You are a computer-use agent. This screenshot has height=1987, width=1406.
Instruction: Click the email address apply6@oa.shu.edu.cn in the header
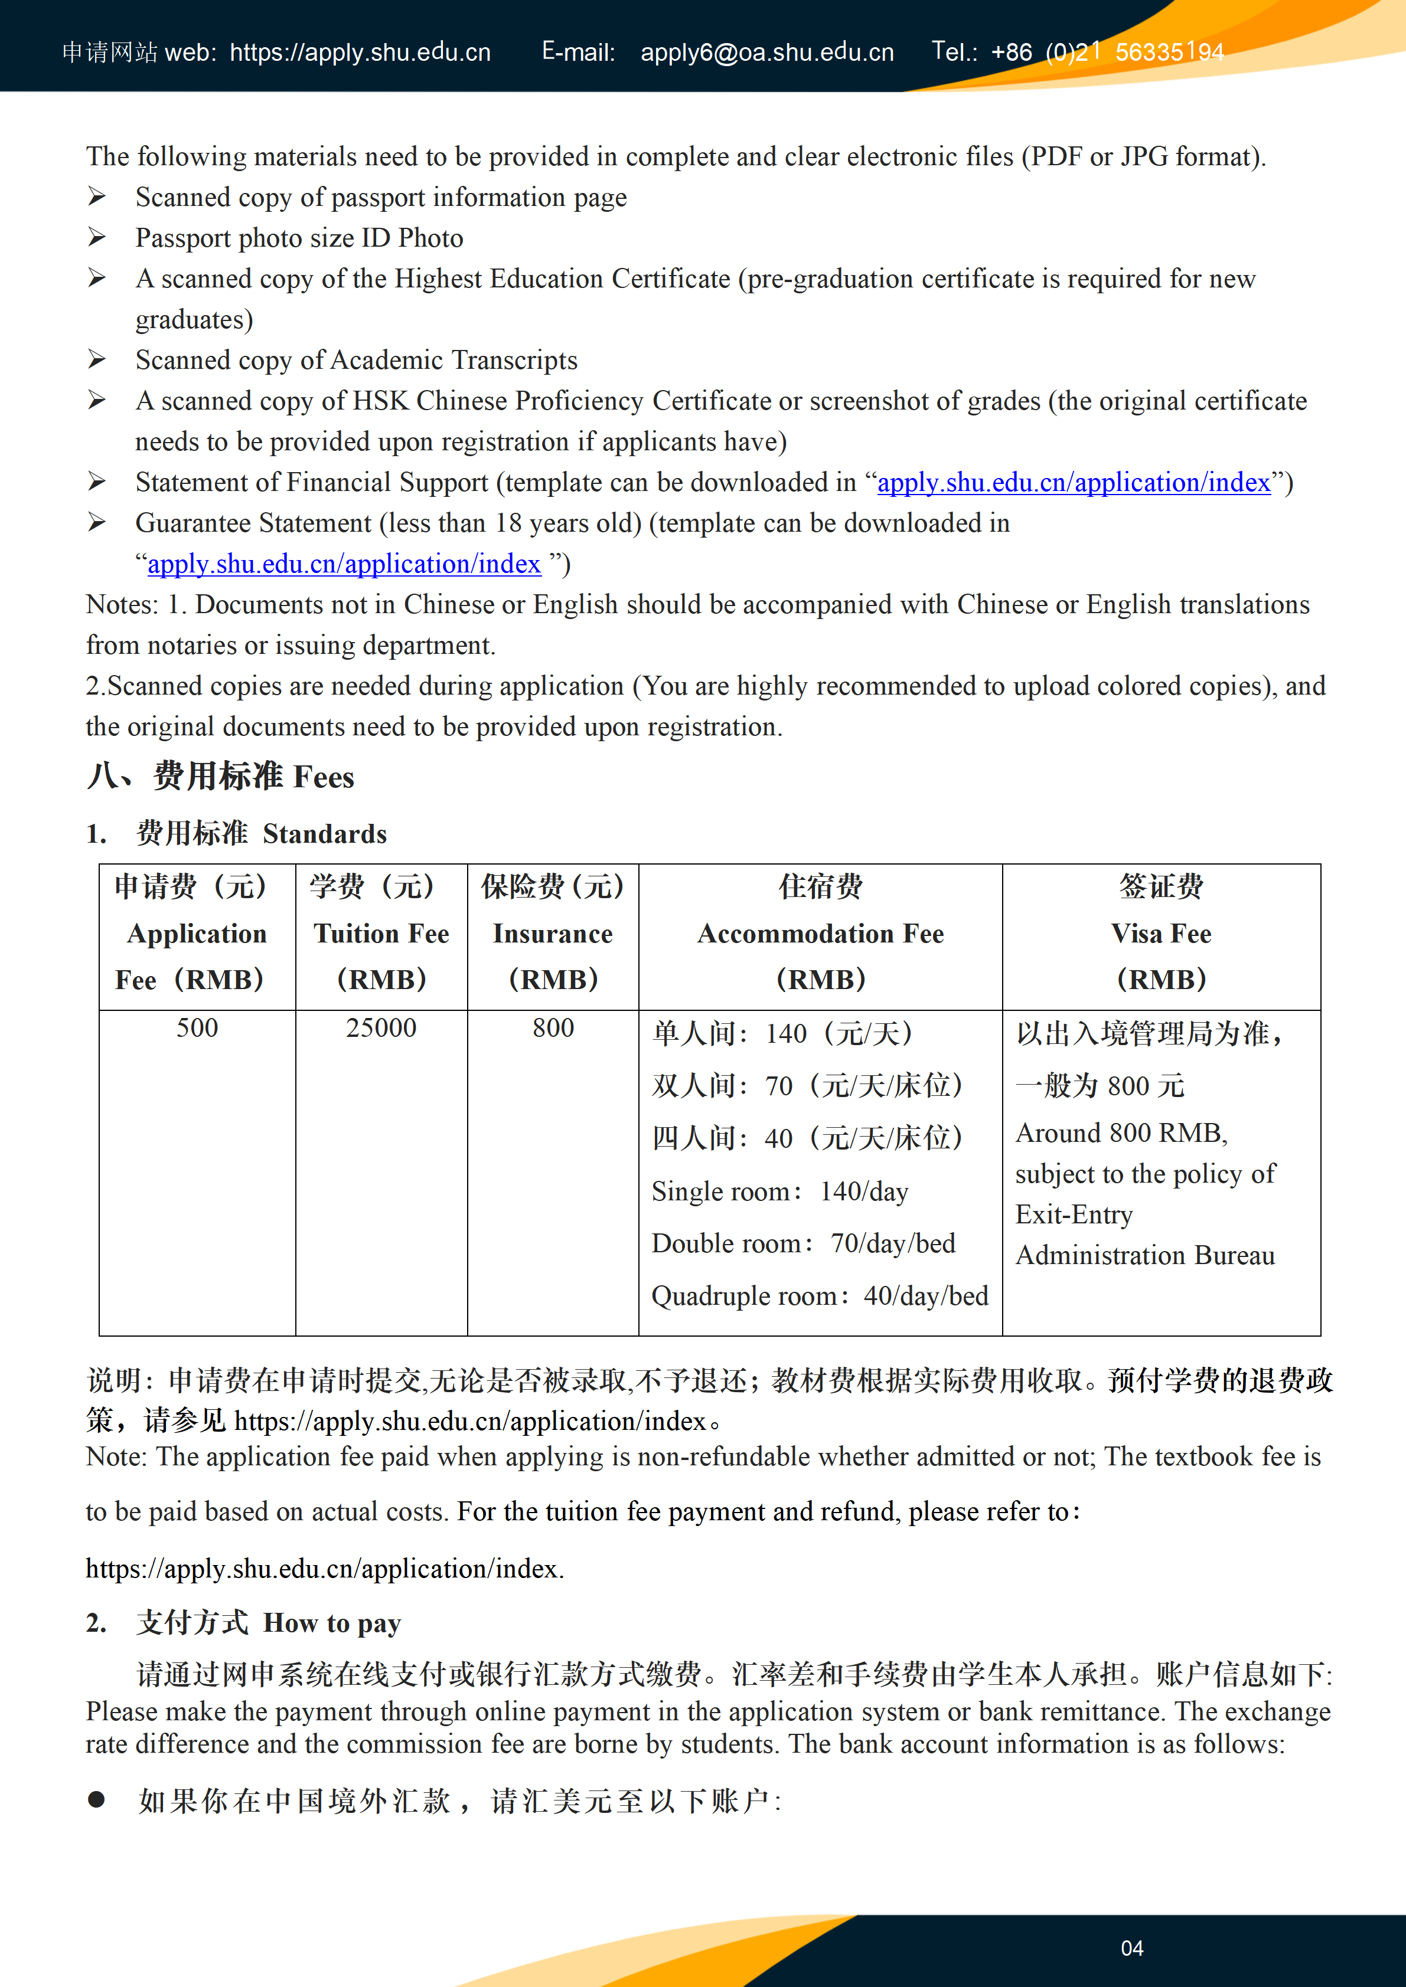coord(766,53)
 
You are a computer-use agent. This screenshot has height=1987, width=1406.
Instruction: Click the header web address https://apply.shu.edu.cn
coord(360,53)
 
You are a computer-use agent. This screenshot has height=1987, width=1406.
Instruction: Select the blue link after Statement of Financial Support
coord(1074,482)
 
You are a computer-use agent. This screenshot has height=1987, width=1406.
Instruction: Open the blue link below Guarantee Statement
coord(344,564)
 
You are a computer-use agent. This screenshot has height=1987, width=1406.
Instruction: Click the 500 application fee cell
coord(197,1028)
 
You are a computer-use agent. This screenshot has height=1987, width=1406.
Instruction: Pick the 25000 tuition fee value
coord(381,1028)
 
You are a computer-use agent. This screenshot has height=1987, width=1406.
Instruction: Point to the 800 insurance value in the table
coord(553,1028)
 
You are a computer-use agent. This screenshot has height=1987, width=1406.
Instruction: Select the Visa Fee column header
coord(1161,934)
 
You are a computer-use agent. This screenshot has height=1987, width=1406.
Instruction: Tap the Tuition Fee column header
coord(381,934)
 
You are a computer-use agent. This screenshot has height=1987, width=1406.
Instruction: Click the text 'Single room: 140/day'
coord(779,1191)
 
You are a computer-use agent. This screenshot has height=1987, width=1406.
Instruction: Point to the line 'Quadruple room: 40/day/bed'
coord(819,1295)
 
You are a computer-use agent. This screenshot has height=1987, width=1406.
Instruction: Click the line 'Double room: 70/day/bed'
coord(803,1243)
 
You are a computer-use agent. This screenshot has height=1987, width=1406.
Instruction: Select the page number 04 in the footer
coord(1131,1948)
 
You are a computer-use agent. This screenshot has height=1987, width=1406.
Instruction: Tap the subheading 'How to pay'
coord(332,1623)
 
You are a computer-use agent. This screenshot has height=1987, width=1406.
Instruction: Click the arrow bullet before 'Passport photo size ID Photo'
coord(96,238)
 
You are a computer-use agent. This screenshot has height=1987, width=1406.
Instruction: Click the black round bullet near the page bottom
coord(96,1800)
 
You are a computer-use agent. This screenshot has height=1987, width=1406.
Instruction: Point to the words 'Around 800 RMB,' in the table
coord(1121,1133)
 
